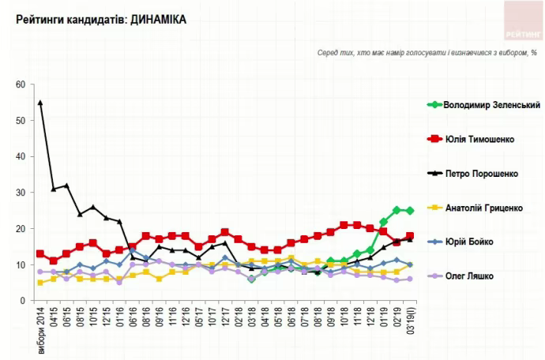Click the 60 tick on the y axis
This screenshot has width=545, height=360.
[21, 84]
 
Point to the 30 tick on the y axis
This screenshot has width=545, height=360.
[21, 193]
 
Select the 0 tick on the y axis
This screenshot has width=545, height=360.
[23, 301]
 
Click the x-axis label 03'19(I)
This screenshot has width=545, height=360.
[410, 323]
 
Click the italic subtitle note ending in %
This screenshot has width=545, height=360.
[427, 53]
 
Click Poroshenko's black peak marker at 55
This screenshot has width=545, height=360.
[40, 103]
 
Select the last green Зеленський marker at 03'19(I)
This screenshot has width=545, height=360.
[410, 211]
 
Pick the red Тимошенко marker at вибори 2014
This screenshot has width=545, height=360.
[40, 253]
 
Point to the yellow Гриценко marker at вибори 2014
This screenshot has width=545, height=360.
[40, 283]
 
